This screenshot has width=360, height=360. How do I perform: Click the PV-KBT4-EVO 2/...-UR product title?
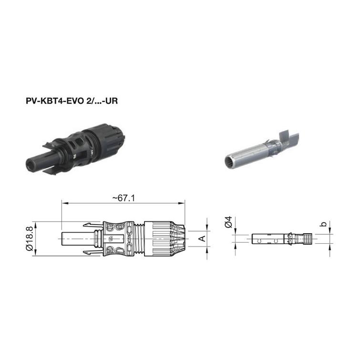(x=72, y=101)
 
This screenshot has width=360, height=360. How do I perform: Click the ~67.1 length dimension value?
(x=123, y=198)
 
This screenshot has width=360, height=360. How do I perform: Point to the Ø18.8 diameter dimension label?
(x=30, y=239)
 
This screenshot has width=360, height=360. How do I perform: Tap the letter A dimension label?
(x=202, y=238)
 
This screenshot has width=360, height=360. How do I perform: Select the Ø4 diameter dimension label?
(x=229, y=222)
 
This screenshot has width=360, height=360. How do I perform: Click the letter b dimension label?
(x=323, y=224)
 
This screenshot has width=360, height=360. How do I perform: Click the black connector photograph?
(x=75, y=149)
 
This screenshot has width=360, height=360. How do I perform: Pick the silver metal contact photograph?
(x=262, y=150)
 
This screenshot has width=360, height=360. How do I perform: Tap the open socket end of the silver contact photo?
(x=230, y=162)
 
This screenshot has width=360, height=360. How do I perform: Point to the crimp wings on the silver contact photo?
(x=289, y=140)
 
